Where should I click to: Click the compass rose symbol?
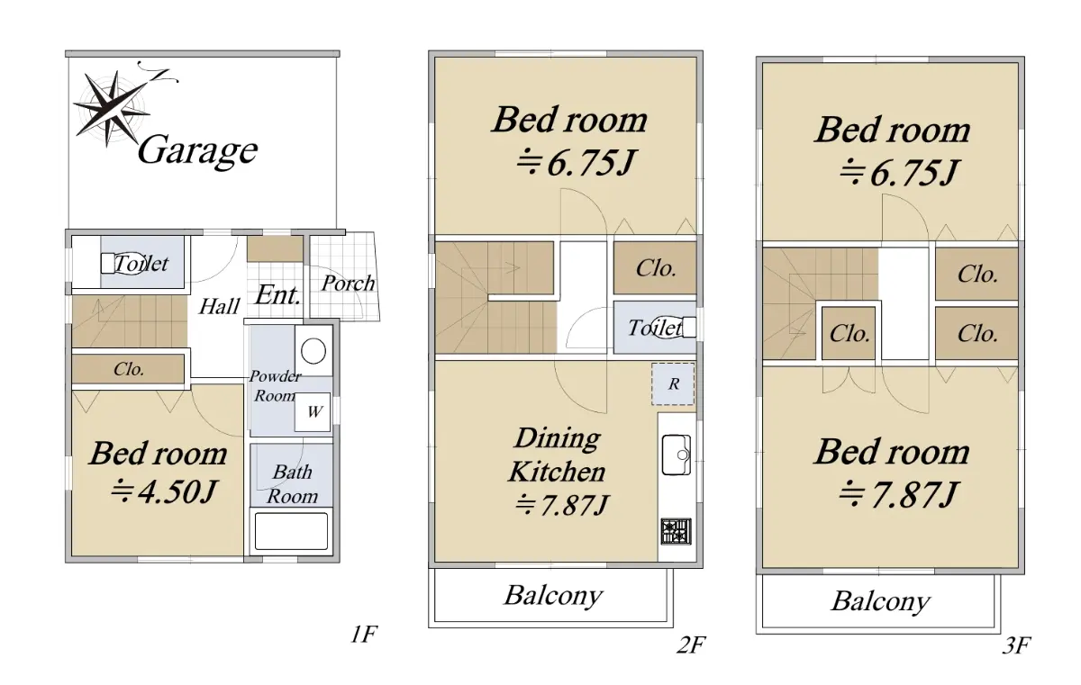click(114, 107)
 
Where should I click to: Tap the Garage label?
click(197, 151)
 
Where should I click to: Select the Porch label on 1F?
click(348, 283)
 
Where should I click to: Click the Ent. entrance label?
click(278, 295)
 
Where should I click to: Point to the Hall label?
click(219, 306)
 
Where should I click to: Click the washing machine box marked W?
click(313, 412)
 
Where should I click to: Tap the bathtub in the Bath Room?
click(291, 531)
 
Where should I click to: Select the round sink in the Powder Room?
click(313, 351)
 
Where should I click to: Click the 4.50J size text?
click(164, 491)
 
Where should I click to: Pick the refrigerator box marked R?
click(673, 383)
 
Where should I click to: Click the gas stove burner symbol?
click(677, 531)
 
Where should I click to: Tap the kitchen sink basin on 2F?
click(677, 455)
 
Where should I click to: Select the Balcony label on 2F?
click(553, 596)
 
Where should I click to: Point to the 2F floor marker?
click(691, 645)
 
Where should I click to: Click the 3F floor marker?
click(1016, 646)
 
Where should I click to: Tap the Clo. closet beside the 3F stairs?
click(849, 334)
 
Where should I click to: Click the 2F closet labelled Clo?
click(655, 268)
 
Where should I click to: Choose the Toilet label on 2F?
click(654, 328)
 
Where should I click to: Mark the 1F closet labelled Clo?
click(128, 369)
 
